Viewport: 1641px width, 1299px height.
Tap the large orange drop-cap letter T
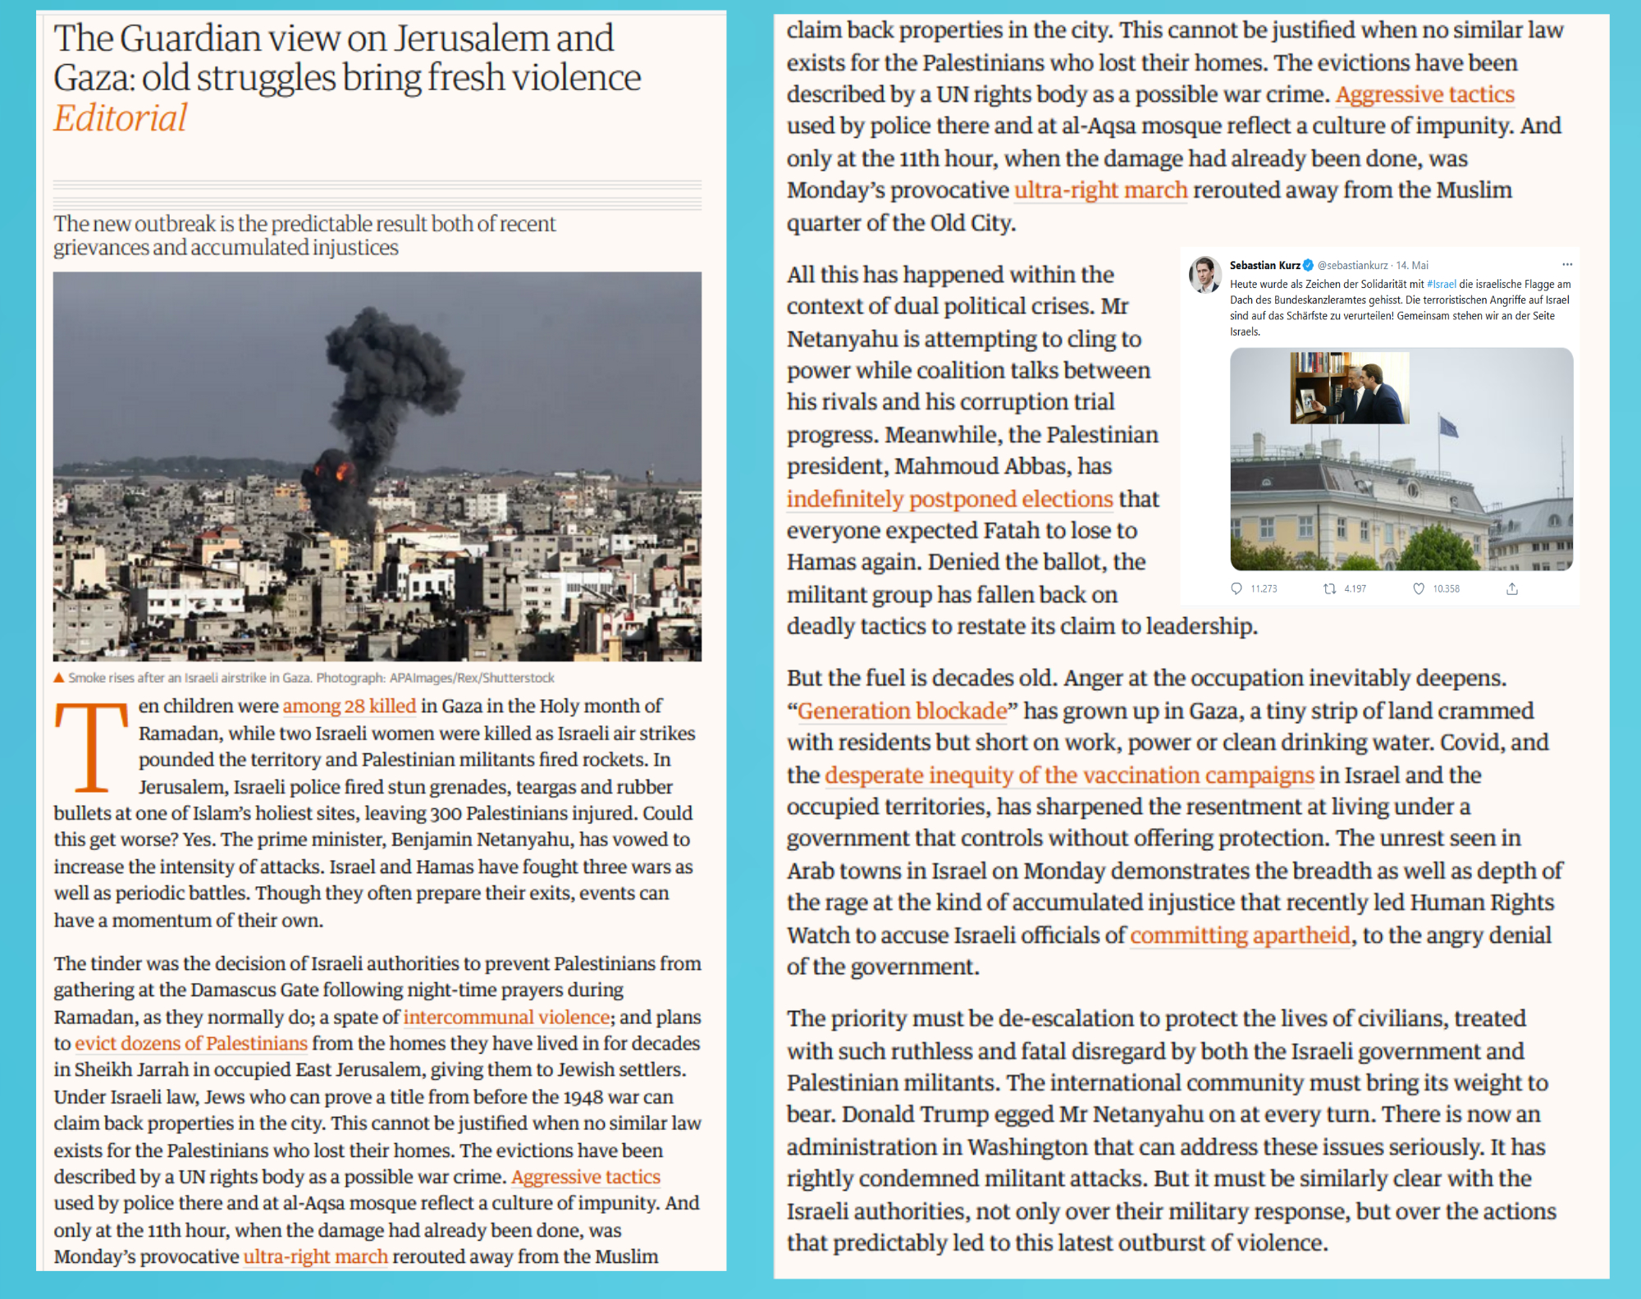[x=91, y=746]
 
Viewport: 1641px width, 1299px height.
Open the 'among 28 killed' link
[x=349, y=706]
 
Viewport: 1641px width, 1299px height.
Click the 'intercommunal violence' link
[x=506, y=1017]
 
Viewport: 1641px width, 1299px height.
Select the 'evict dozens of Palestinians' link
[x=191, y=1043]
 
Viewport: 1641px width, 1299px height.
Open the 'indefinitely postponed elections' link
[x=949, y=499]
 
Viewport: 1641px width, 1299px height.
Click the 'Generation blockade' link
[x=902, y=711]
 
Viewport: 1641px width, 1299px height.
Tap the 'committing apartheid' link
[x=1240, y=935]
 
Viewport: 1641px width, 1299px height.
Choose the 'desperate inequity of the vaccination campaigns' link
[x=1069, y=775]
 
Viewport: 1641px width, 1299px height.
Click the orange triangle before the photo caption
[x=58, y=678]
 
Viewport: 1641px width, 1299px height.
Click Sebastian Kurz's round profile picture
[x=1204, y=274]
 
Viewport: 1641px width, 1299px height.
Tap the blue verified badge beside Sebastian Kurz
[x=1309, y=265]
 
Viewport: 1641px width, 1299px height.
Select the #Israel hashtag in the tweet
[x=1441, y=284]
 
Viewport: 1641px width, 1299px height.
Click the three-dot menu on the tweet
[x=1567, y=264]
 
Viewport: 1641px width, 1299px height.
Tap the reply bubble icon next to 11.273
[x=1236, y=588]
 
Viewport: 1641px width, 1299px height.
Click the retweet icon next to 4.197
[x=1329, y=588]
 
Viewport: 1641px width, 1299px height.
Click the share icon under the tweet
[x=1512, y=588]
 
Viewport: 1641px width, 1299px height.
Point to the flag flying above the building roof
[x=1448, y=426]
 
